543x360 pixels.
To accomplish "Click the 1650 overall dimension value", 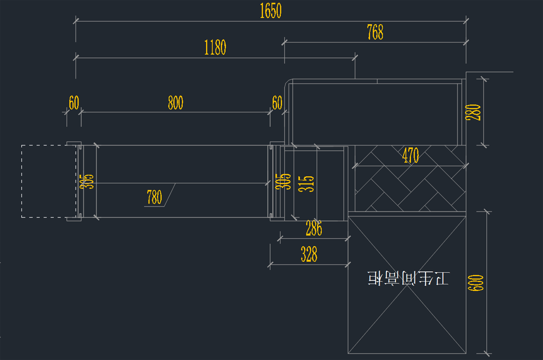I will [x=271, y=11].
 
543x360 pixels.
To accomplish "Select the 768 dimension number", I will [x=375, y=33].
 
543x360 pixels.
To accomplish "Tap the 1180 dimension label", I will [x=215, y=47].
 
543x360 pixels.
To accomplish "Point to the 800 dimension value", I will [x=176, y=103].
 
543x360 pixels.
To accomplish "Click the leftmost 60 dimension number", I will [x=74, y=103].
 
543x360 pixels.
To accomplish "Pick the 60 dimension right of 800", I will [x=277, y=103].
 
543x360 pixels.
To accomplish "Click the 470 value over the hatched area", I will [x=410, y=156].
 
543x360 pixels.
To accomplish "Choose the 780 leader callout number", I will [x=154, y=197].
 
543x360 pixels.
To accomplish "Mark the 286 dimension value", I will [x=314, y=229].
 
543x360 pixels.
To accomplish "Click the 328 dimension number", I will [x=309, y=255].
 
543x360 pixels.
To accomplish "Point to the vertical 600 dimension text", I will [x=479, y=283].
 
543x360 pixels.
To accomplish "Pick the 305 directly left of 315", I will [x=286, y=181].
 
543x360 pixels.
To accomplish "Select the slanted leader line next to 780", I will [x=170, y=195].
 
